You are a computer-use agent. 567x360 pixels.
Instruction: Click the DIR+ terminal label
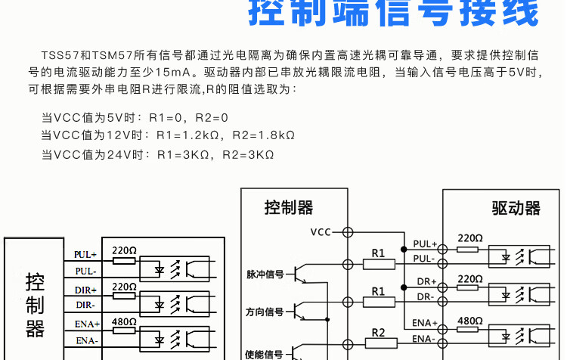[x=85, y=290]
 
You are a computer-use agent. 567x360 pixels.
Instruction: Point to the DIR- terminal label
[x=85, y=305]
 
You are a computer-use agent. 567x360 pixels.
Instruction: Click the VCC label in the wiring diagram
[x=321, y=231]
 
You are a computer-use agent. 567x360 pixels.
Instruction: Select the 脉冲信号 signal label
[x=265, y=275]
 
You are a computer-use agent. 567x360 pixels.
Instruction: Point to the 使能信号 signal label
[x=265, y=353]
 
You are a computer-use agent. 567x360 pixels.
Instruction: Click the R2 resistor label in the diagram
[x=379, y=332]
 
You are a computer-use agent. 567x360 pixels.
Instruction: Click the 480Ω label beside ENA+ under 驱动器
[x=469, y=320]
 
